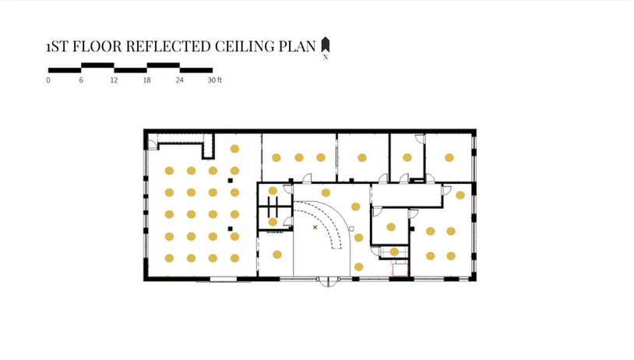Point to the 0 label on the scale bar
48,80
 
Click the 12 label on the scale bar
114,80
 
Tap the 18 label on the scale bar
146,80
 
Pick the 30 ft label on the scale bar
215,80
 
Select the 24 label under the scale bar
179,80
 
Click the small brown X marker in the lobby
315,227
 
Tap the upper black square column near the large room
231,181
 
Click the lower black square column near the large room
231,228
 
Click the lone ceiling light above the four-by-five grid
234,148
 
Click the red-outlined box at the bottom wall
399,270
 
